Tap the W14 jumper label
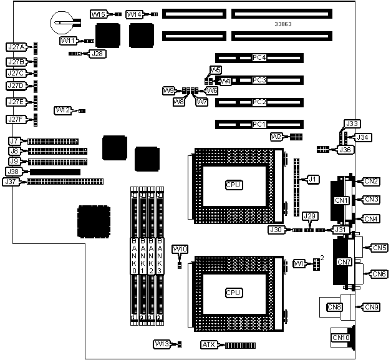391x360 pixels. pos(134,14)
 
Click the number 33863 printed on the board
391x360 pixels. pos(283,24)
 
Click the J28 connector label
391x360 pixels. pos(98,54)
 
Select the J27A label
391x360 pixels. pos(15,47)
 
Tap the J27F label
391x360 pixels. pos(15,119)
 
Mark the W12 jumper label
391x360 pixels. pos(62,110)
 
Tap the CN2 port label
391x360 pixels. pos(372,182)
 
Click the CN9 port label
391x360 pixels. pos(372,306)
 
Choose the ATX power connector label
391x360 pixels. pos(208,344)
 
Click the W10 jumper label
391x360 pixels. pos(179,250)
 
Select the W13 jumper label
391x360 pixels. pos(162,344)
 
